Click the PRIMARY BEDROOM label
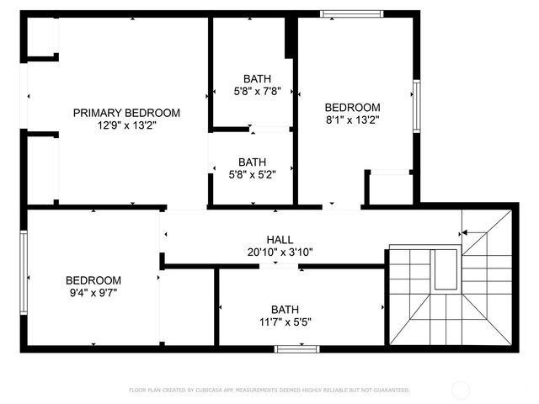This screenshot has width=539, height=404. pos(126,113)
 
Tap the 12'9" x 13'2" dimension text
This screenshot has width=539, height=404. pos(126,125)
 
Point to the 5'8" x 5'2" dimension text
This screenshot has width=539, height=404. pos(252,174)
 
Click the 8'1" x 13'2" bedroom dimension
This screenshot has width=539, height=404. pos(352,120)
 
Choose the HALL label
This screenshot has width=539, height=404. pos(280,239)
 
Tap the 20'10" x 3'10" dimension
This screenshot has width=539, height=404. pos(280,251)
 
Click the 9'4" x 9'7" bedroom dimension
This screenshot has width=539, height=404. pos(93,293)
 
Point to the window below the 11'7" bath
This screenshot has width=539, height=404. pos(297,348)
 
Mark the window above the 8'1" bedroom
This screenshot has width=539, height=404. pos(352,13)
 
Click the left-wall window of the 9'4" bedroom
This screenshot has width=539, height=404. pos(24,273)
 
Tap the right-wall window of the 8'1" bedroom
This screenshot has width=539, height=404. pos(416,105)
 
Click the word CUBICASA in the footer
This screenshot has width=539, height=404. pos(207,391)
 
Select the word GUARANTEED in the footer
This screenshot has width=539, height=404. pos(390,391)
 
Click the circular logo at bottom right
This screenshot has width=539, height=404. pos(461,390)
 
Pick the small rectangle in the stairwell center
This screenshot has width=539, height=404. pos(443,269)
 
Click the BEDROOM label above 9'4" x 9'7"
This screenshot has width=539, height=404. pos(93,280)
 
